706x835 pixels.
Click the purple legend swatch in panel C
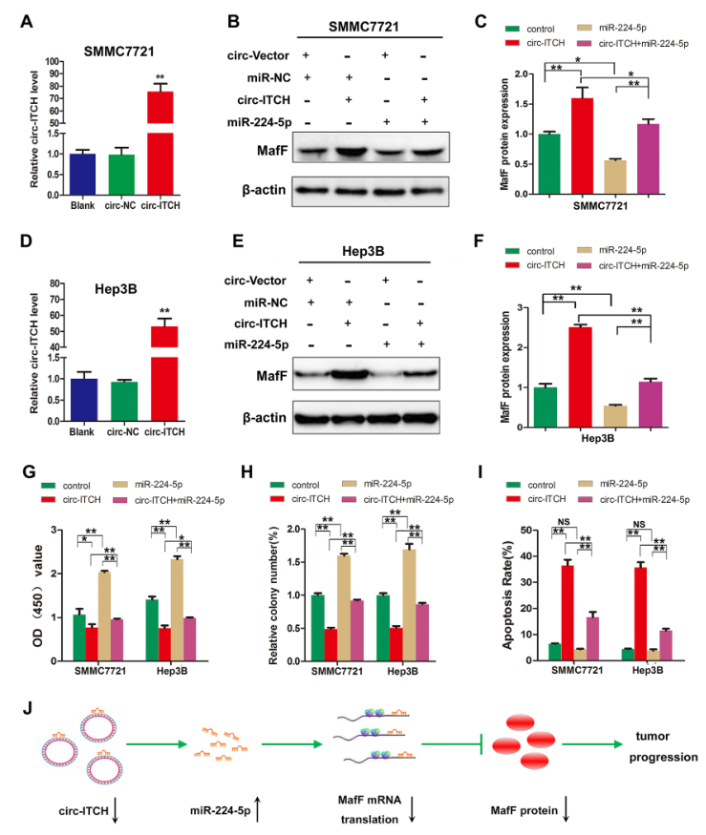point(577,44)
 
